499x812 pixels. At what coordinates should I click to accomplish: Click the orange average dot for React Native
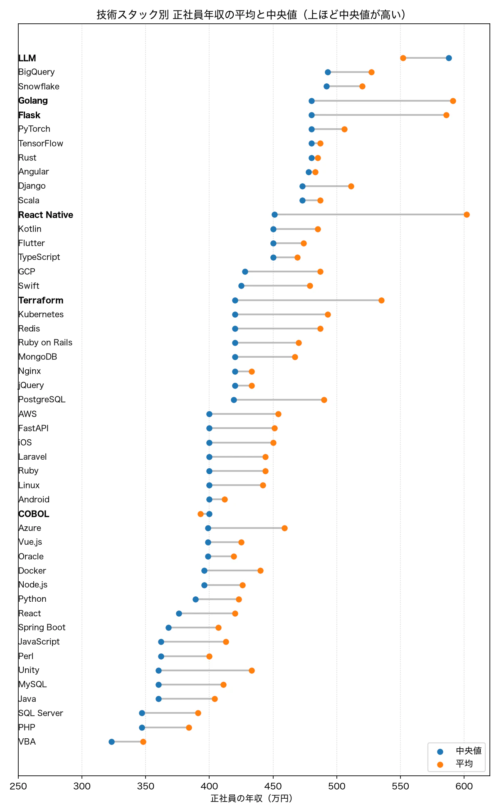tap(467, 215)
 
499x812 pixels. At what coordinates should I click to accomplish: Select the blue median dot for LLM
tap(449, 58)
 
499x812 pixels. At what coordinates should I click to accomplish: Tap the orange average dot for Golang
tap(453, 101)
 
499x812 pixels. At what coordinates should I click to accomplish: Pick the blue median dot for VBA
tap(111, 742)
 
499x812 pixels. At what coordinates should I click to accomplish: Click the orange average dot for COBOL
tap(200, 514)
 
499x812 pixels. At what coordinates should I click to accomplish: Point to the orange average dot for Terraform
tap(381, 300)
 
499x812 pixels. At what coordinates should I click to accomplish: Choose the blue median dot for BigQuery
tap(328, 72)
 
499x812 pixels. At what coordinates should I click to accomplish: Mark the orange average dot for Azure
tap(284, 528)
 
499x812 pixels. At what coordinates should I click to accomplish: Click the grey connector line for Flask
tap(379, 115)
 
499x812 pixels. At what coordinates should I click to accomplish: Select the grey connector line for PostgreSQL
tap(279, 400)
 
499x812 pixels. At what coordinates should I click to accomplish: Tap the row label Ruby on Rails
tap(45, 343)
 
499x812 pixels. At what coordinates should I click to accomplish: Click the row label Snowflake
tap(39, 87)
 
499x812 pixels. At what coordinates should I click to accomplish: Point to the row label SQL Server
tap(41, 713)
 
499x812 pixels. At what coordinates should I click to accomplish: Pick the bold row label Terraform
tap(41, 300)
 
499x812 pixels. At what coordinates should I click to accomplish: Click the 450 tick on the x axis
tap(273, 786)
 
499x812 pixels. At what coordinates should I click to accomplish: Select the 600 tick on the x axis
tap(464, 786)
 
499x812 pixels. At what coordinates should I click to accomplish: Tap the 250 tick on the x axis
tap(18, 786)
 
